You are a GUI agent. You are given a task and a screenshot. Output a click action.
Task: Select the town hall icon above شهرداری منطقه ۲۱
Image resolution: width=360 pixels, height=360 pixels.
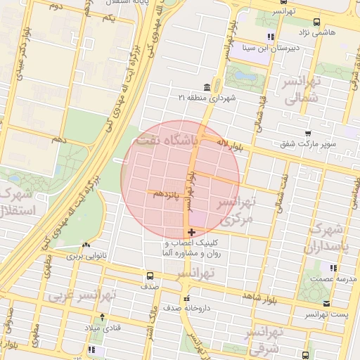click(x=206, y=87)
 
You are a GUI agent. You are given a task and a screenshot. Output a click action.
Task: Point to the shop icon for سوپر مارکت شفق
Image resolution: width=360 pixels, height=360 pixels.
click(x=308, y=134)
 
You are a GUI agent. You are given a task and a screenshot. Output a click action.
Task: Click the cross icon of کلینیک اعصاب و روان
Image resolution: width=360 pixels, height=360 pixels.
click(x=191, y=231)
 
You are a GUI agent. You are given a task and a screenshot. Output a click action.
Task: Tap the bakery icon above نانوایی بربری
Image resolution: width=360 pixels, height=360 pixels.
click(x=86, y=245)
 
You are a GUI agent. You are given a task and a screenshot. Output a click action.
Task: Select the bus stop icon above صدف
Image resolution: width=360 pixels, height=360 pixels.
click(x=149, y=276)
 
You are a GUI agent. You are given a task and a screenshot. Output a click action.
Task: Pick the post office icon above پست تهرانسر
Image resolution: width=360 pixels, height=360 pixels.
click(x=326, y=304)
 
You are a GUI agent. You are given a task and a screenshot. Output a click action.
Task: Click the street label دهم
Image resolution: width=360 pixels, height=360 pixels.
click(x=58, y=140)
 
